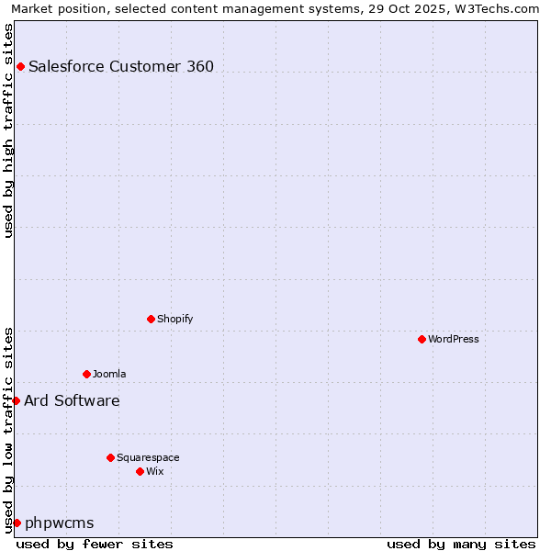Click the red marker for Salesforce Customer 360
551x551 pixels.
click(20, 66)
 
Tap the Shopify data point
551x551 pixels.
click(151, 319)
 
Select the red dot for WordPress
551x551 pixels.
click(422, 339)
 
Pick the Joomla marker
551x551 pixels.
click(86, 374)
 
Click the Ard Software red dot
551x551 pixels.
click(16, 400)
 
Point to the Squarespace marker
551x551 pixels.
click(110, 457)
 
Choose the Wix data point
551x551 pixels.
click(140, 471)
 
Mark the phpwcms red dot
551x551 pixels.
click(17, 523)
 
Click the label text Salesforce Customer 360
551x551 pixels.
click(121, 66)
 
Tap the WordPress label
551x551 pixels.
click(454, 339)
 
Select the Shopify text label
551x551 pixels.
click(174, 319)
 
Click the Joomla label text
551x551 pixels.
click(109, 374)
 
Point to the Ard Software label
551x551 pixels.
click(72, 400)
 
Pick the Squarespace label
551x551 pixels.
click(148, 457)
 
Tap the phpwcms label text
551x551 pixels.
click(60, 523)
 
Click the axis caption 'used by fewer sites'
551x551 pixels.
click(95, 544)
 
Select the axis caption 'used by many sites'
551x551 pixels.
click(461, 544)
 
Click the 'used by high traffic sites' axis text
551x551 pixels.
click(9, 130)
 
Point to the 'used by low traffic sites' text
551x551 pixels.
click(9, 430)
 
